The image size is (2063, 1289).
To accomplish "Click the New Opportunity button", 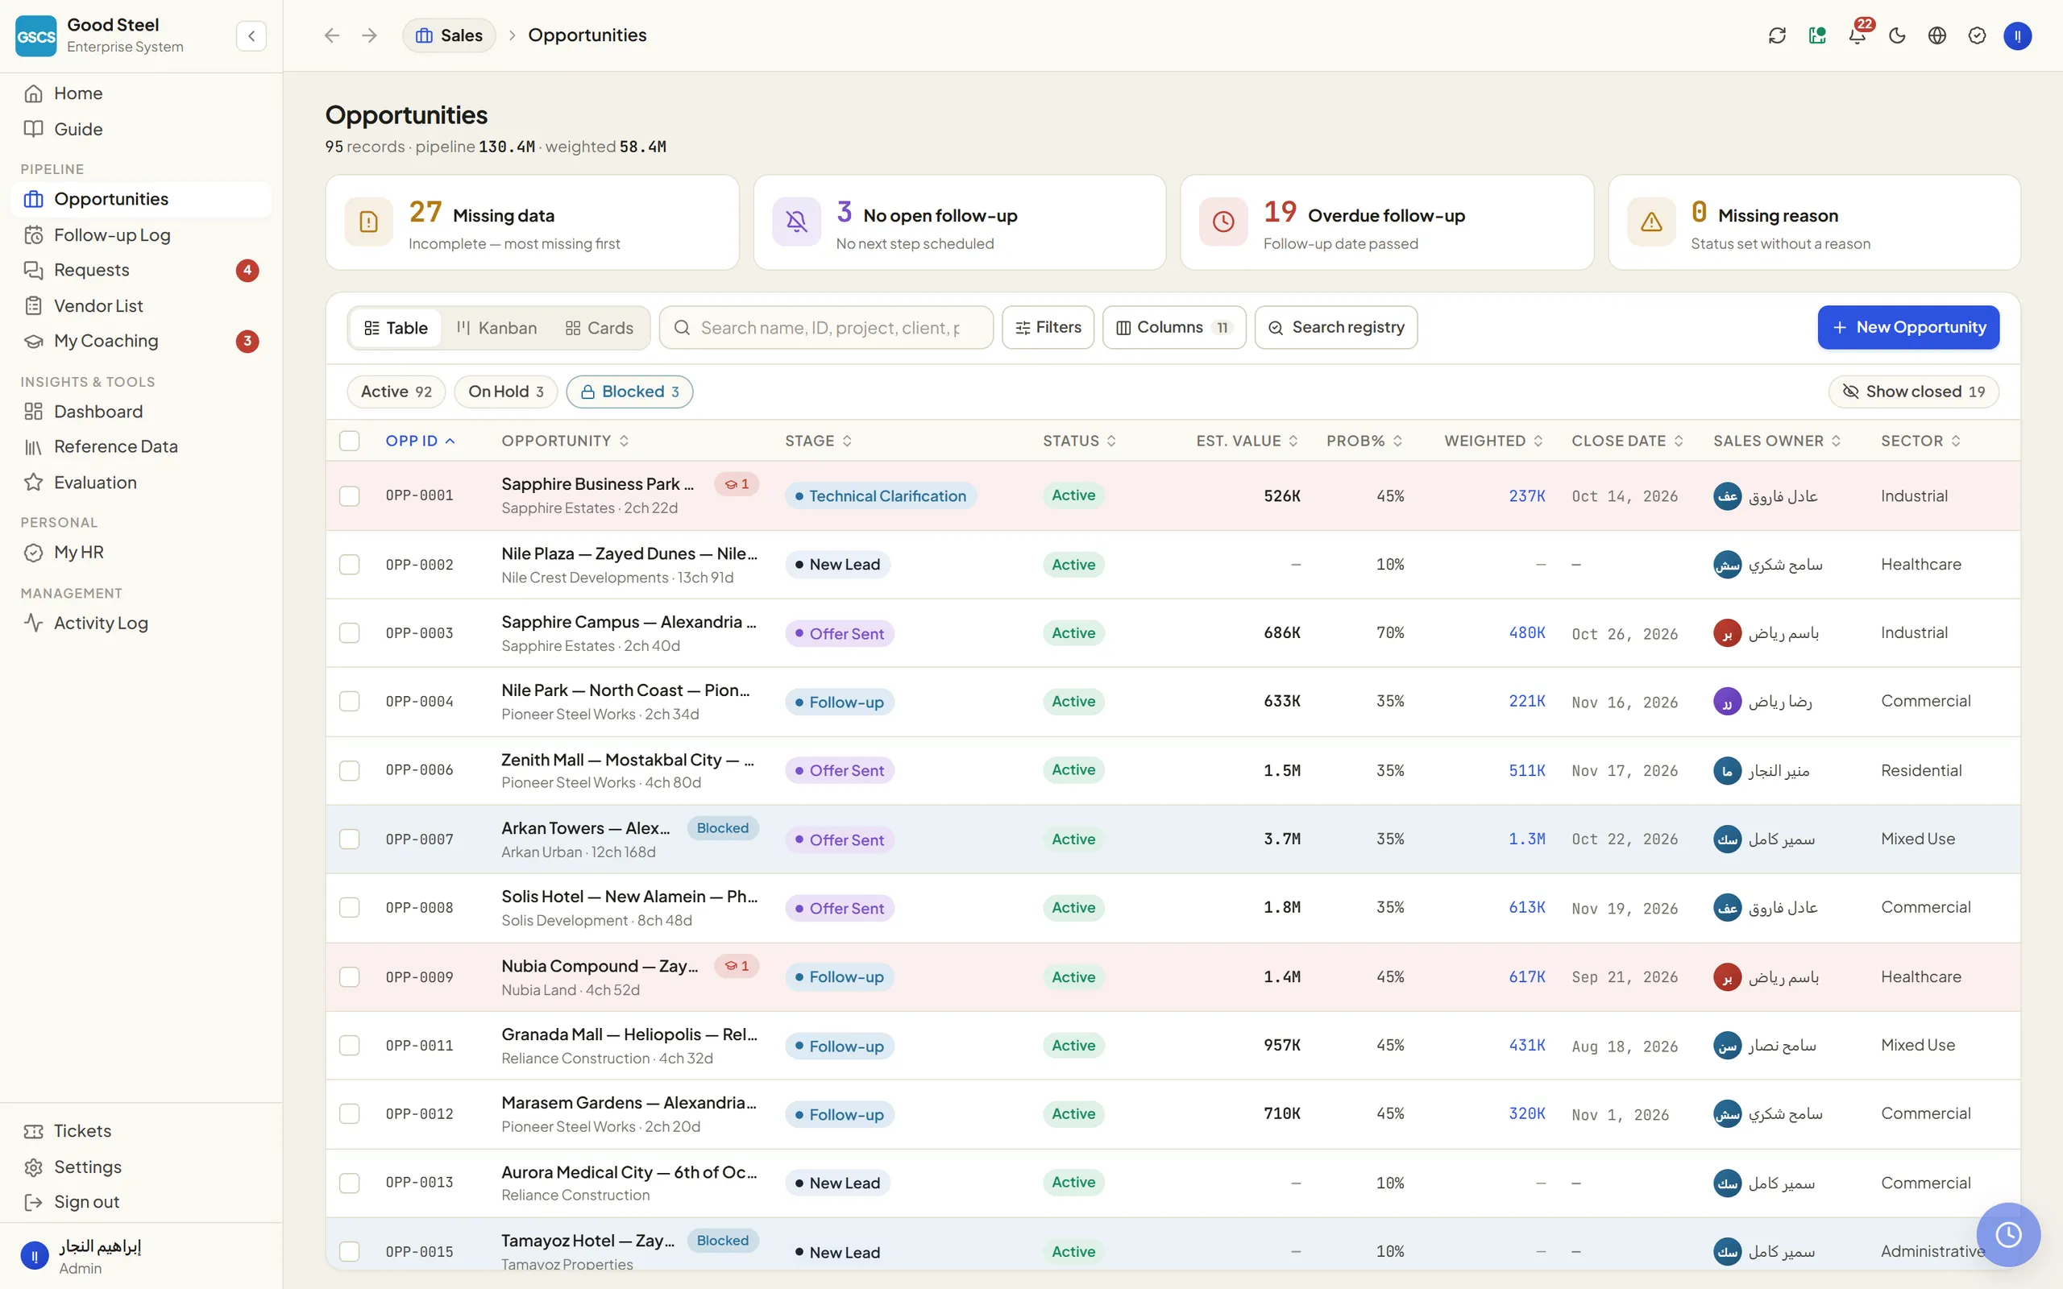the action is (x=1907, y=327).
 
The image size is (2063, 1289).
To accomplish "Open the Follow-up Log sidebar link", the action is (x=112, y=234).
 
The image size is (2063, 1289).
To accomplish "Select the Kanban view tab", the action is (x=496, y=328).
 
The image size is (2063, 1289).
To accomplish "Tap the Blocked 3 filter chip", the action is (x=629, y=392).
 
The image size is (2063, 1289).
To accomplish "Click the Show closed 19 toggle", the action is (x=1913, y=392).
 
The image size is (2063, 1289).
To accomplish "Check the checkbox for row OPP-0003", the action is (x=350, y=632).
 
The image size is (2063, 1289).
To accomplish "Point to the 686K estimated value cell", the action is (x=1281, y=632).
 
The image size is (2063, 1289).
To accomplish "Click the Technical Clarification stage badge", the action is (x=881, y=496).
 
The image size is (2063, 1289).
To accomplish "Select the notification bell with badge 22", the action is (x=1857, y=35).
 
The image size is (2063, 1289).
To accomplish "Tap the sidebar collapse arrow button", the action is (x=251, y=35).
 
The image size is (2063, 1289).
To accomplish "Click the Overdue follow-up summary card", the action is (x=1386, y=222).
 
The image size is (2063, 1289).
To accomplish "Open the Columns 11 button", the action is (x=1174, y=327).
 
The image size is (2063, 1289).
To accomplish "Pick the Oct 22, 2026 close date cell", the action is (x=1625, y=839).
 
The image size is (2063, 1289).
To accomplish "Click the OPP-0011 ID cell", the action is (x=419, y=1045).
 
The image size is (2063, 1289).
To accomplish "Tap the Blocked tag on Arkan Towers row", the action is (x=722, y=828).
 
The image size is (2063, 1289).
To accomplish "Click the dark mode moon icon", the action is (x=1897, y=35).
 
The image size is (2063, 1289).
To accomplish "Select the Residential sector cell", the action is (x=1921, y=771).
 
